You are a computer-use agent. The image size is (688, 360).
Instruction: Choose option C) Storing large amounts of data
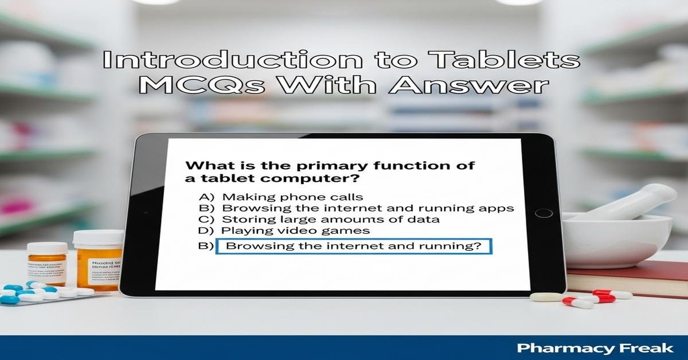(x=318, y=219)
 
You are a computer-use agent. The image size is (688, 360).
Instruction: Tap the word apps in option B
(x=498, y=208)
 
